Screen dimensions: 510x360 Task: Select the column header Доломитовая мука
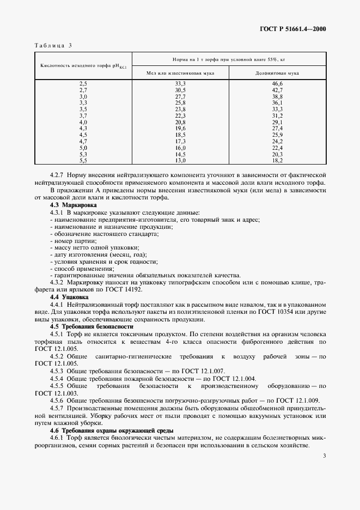[x=277, y=72]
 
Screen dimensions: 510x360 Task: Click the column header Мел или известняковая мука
[x=180, y=72]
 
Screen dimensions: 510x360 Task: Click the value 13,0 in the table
[x=180, y=160]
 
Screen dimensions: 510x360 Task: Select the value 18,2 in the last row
[x=277, y=160]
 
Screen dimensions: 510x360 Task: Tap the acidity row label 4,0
[x=83, y=122]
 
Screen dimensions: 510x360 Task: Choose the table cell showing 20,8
[x=180, y=122]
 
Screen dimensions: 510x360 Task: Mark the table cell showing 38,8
[x=277, y=96]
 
